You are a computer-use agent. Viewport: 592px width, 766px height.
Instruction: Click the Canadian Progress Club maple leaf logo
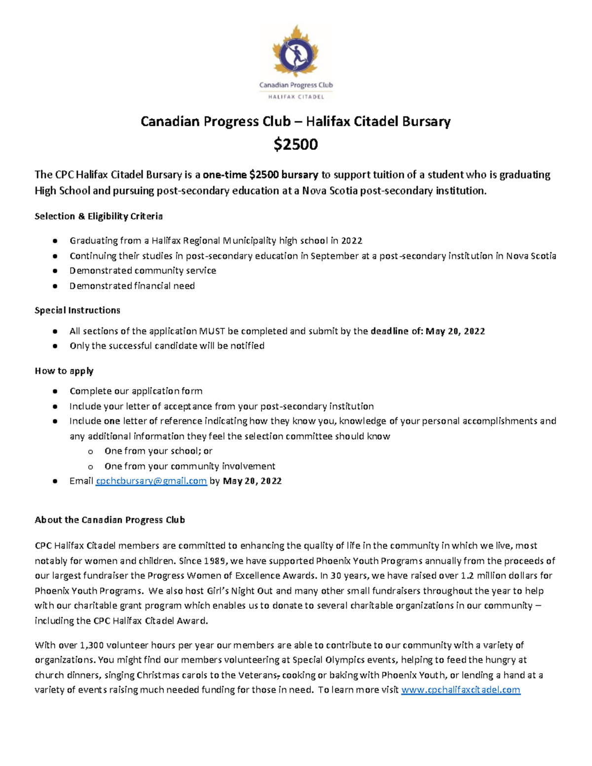[x=296, y=52]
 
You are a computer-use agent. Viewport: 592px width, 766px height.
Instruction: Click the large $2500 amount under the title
[x=296, y=145]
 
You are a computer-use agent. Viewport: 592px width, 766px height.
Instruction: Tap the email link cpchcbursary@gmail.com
[x=151, y=481]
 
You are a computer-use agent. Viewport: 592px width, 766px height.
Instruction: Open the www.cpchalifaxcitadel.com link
[x=461, y=690]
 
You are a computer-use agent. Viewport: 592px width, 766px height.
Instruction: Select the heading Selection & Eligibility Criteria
[x=99, y=216]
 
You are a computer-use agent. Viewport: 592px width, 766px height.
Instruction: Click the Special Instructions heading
[x=77, y=310]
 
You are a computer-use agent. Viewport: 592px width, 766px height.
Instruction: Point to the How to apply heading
[x=64, y=371]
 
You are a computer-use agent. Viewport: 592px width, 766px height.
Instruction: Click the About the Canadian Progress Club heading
[x=110, y=520]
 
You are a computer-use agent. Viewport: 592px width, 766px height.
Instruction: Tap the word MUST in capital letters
[x=212, y=331]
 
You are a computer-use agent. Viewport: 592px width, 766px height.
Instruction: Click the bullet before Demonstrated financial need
[x=55, y=286]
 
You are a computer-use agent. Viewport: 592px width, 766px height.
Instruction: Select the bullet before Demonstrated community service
[x=55, y=271]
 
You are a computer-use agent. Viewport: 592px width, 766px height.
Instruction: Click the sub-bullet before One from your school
[x=90, y=451]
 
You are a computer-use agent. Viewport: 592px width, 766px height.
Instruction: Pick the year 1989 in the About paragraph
[x=215, y=561]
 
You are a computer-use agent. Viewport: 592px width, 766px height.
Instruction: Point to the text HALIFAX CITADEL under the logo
[x=296, y=97]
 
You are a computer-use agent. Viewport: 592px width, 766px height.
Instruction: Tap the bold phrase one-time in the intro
[x=224, y=175]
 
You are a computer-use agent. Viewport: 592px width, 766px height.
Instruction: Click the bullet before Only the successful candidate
[x=55, y=346]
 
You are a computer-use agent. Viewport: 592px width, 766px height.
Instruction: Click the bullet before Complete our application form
[x=55, y=391]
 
